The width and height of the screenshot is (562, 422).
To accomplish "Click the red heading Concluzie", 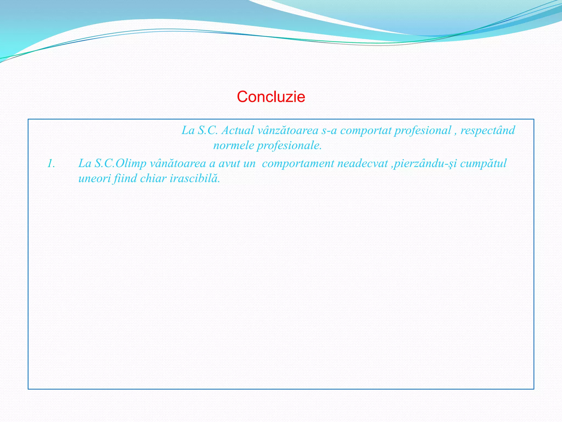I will pos(271,97).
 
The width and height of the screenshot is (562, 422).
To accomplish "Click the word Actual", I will pos(238,130).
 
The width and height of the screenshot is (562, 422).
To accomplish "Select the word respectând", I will pos(488,130).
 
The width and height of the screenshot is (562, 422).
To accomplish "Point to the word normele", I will pos(234,145).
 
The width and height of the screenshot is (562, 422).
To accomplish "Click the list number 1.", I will pos(51,164).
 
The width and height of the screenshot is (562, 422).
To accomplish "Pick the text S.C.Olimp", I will pos(120,164).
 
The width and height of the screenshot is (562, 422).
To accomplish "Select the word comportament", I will pos(298,164).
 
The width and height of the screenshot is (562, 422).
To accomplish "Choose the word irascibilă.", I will pos(195,179).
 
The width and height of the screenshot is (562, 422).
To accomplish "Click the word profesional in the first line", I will pos(423,130).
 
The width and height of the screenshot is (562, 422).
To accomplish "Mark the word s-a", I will pos(329,130).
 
